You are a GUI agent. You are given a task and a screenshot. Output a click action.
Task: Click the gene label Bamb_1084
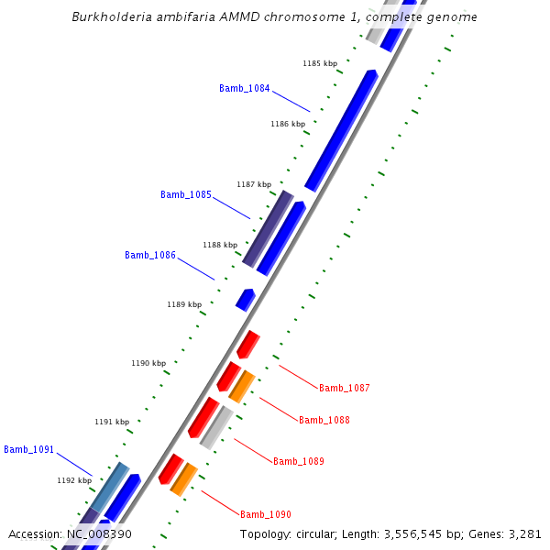pyautogui.click(x=244, y=88)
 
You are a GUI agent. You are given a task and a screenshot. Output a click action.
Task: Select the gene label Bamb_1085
pyautogui.click(x=185, y=194)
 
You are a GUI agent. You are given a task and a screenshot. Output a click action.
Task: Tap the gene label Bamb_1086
pyautogui.click(x=149, y=255)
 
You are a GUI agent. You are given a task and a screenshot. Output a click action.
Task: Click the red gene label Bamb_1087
pyautogui.click(x=345, y=388)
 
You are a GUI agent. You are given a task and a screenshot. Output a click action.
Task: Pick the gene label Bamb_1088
pyautogui.click(x=324, y=420)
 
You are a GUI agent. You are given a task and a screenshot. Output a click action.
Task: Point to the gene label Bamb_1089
pyautogui.click(x=299, y=461)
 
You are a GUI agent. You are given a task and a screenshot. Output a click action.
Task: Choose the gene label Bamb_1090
pyautogui.click(x=266, y=514)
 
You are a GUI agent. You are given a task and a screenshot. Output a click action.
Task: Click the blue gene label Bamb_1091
pyautogui.click(x=28, y=449)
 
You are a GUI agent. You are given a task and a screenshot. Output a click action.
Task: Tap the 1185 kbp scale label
pyautogui.click(x=320, y=63)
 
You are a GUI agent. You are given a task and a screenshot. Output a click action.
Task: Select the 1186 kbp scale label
pyautogui.click(x=288, y=124)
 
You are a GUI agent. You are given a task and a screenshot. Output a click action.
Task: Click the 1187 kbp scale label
pyautogui.click(x=254, y=184)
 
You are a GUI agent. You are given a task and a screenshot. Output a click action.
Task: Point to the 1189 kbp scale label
pyautogui.click(x=184, y=304)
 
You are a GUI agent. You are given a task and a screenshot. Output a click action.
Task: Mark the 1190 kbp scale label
pyautogui.click(x=148, y=363)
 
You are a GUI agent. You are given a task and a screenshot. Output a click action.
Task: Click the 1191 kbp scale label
pyautogui.click(x=112, y=422)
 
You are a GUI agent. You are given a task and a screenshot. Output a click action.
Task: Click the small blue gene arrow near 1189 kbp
pyautogui.click(x=245, y=299)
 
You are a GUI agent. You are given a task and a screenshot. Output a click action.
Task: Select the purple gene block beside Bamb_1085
pyautogui.click(x=268, y=229)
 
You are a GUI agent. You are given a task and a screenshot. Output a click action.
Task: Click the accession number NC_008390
pyautogui.click(x=99, y=533)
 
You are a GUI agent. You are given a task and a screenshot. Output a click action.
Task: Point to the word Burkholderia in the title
pyautogui.click(x=110, y=17)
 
